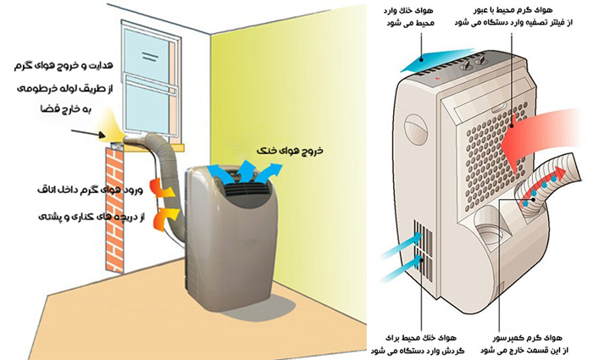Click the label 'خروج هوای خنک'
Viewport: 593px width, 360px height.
tap(280, 158)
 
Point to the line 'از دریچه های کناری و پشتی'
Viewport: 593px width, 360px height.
tap(80, 218)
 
